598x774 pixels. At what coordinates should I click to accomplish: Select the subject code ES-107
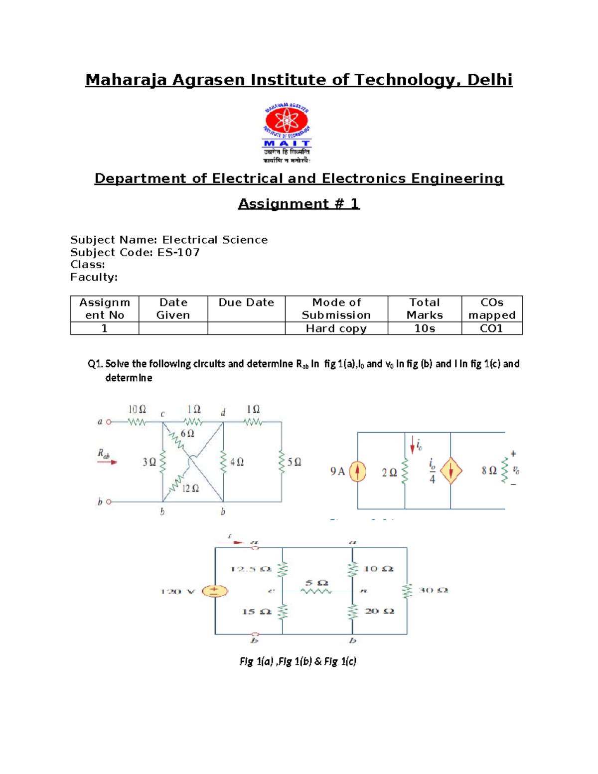pyautogui.click(x=178, y=253)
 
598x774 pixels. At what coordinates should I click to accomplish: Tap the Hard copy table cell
pyautogui.click(x=336, y=328)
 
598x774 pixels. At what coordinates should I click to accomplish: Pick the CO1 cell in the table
pyautogui.click(x=491, y=328)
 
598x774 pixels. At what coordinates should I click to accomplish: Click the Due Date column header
pyautogui.click(x=246, y=303)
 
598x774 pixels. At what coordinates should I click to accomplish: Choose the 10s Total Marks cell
pyautogui.click(x=425, y=328)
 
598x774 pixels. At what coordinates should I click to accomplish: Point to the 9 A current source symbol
pyautogui.click(x=357, y=471)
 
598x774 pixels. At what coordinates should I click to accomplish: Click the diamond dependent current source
pyautogui.click(x=450, y=471)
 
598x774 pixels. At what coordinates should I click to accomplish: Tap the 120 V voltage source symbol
pyautogui.click(x=215, y=591)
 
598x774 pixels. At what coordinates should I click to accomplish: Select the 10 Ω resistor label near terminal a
pyautogui.click(x=137, y=410)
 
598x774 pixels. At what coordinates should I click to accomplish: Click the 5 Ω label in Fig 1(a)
pyautogui.click(x=295, y=463)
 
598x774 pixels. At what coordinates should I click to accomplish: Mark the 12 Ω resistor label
pyautogui.click(x=190, y=489)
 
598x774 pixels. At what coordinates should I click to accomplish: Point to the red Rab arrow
pyautogui.click(x=107, y=462)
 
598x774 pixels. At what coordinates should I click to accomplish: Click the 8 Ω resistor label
pyautogui.click(x=489, y=471)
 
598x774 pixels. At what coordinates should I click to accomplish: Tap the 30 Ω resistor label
pyautogui.click(x=433, y=591)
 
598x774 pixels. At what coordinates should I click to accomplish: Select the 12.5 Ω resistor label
pyautogui.click(x=251, y=569)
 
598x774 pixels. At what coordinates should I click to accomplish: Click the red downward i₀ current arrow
pyautogui.click(x=413, y=445)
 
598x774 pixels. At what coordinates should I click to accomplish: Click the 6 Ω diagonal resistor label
pyautogui.click(x=187, y=434)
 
